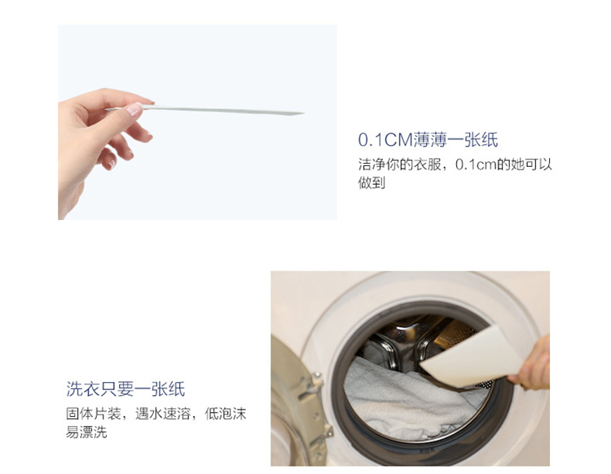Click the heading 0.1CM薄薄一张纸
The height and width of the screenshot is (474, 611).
pyautogui.click(x=428, y=140)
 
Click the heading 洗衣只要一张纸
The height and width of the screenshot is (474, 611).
pyautogui.click(x=125, y=388)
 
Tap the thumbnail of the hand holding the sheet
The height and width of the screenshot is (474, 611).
pyautogui.click(x=198, y=122)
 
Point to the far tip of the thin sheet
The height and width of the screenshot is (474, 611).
pyautogui.click(x=303, y=113)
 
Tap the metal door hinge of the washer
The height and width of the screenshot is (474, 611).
pyautogui.click(x=312, y=402)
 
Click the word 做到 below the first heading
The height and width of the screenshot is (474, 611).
pyautogui.click(x=371, y=182)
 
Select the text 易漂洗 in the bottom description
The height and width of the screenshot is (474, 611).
pyautogui.click(x=86, y=432)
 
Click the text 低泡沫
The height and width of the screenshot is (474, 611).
pyautogui.click(x=226, y=414)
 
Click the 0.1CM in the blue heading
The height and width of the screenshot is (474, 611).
pyautogui.click(x=385, y=140)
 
